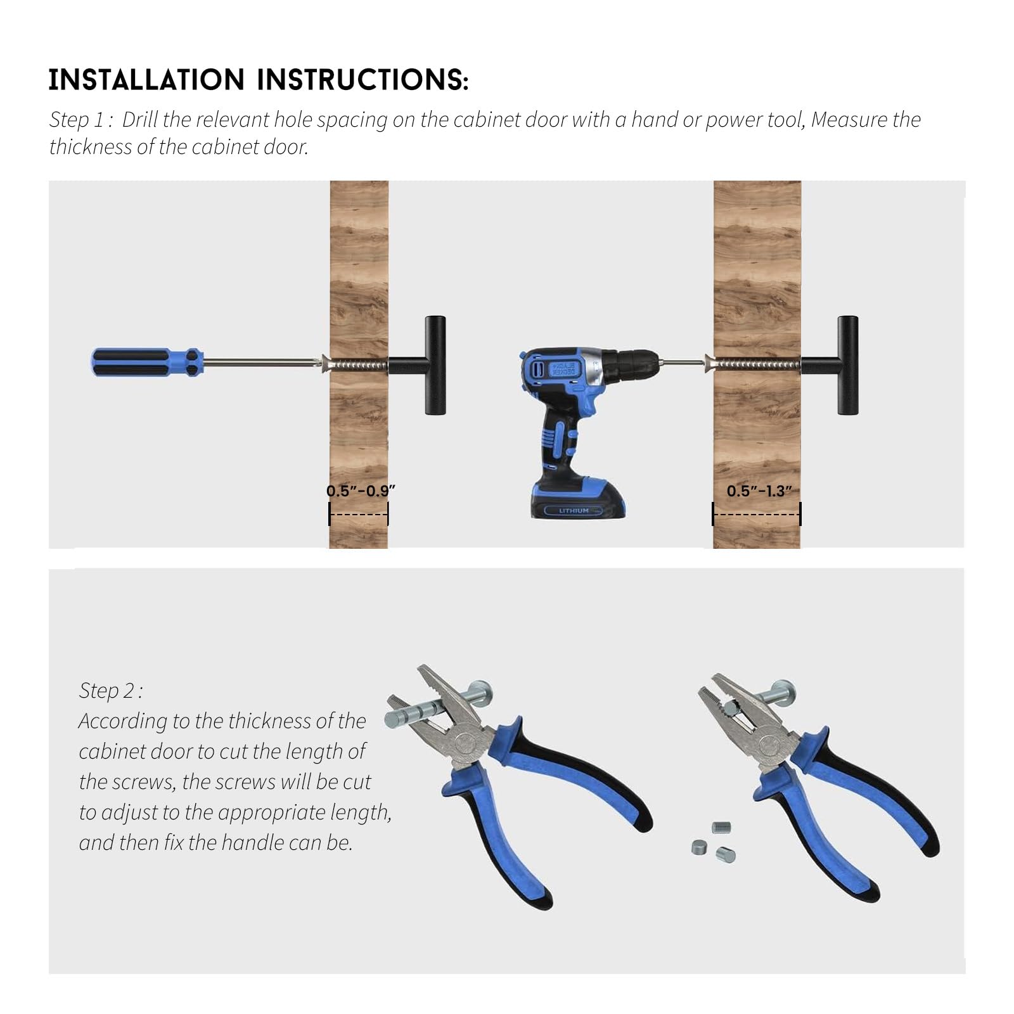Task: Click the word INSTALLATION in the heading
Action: tap(146, 80)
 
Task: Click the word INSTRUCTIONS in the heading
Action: tap(363, 80)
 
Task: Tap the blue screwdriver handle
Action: tap(148, 363)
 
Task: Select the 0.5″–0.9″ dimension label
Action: tap(361, 491)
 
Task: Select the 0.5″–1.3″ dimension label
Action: tap(759, 491)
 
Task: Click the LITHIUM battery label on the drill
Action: tap(574, 510)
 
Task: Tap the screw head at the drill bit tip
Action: tap(709, 364)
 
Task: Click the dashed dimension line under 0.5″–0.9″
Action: tap(359, 514)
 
